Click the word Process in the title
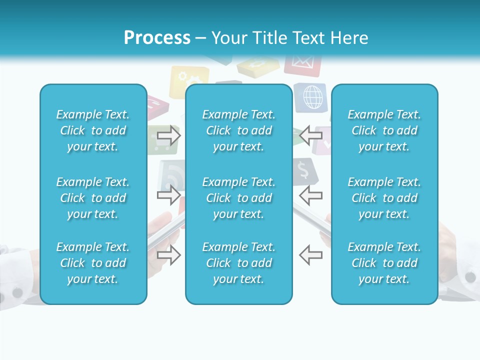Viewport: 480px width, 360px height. pyautogui.click(x=157, y=38)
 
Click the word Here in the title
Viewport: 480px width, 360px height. pyautogui.click(x=349, y=38)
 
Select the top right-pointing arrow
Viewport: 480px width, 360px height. pyautogui.click(x=169, y=135)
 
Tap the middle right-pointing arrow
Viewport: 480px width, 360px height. pyautogui.click(x=169, y=195)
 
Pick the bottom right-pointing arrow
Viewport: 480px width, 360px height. pyautogui.click(x=169, y=255)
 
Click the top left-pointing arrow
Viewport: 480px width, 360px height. pyautogui.click(x=310, y=135)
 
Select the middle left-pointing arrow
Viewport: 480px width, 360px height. pyautogui.click(x=310, y=195)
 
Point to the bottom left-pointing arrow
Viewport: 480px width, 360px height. pyautogui.click(x=310, y=255)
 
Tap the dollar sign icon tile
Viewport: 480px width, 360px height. pyautogui.click(x=303, y=170)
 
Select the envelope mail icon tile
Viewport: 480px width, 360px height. pyautogui.click(x=302, y=64)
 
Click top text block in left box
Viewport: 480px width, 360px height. pyautogui.click(x=93, y=130)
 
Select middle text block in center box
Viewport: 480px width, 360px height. pyautogui.click(x=238, y=198)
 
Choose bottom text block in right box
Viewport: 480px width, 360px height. pyautogui.click(x=384, y=263)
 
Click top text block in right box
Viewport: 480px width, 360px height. pyautogui.click(x=384, y=130)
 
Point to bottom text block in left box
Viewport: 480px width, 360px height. pyautogui.click(x=93, y=263)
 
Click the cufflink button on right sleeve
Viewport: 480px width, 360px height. pyautogui.click(x=470, y=276)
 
